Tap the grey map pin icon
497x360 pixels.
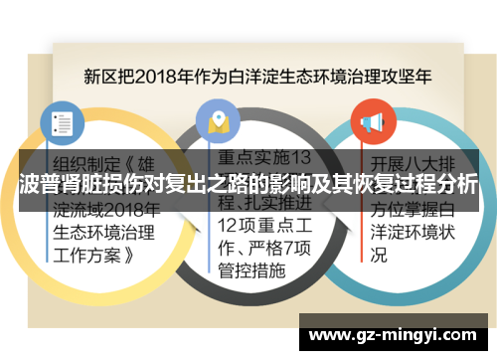tap(217, 121)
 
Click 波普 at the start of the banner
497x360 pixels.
tap(40, 185)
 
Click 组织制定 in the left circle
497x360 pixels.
tap(87, 163)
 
